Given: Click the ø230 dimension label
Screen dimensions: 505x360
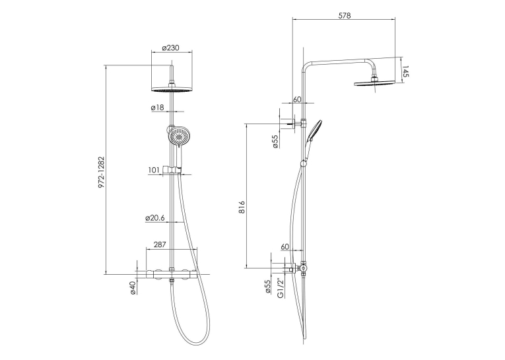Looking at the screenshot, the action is coord(170,48).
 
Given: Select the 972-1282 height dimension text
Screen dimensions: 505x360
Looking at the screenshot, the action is coord(102,172).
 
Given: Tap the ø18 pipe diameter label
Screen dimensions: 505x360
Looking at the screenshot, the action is coord(158,107).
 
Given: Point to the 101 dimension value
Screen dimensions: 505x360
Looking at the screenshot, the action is coord(154,170).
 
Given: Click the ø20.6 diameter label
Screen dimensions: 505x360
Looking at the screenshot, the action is coord(155,218).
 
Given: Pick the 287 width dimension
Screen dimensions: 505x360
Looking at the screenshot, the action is coord(160,244).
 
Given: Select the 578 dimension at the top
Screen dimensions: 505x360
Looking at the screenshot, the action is coord(345,15).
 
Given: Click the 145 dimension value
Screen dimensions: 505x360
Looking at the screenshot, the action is coord(405,71).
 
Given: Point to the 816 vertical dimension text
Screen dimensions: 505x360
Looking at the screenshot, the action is coord(242,207).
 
